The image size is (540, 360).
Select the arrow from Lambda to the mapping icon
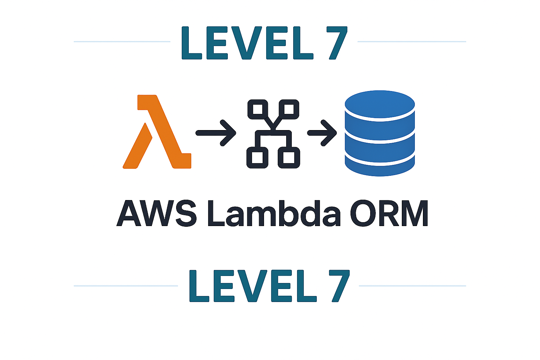tap(215, 133)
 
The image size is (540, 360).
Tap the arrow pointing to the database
tap(322, 133)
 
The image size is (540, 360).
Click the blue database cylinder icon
tap(380, 134)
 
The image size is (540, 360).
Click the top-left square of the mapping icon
tap(258, 109)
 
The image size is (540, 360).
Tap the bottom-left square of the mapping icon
tap(258, 157)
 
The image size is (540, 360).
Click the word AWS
tap(157, 213)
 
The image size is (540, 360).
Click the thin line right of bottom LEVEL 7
tap(412, 286)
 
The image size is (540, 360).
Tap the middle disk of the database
tap(380, 137)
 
